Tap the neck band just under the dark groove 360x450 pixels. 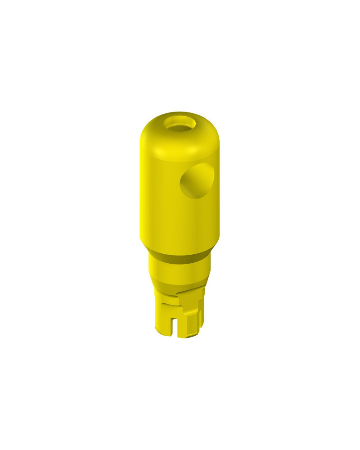(x=179, y=270)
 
